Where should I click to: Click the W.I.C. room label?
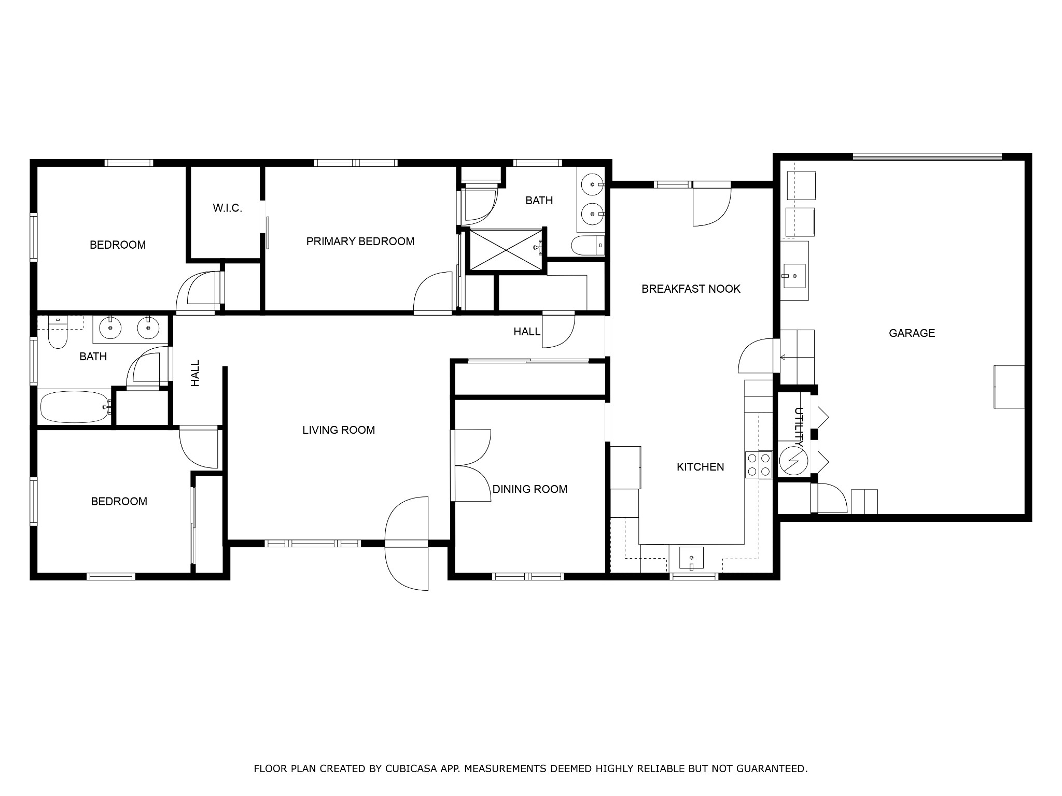227,208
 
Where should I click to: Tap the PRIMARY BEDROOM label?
360,241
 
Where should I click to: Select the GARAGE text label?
912,333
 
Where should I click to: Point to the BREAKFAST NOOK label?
691,289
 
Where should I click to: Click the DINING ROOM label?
530,489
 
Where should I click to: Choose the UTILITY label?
799,428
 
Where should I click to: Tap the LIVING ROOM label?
339,430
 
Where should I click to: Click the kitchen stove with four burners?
759,465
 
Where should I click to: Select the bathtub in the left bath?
76,407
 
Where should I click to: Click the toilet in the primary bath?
588,246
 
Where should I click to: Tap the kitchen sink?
691,558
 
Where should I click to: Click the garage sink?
794,275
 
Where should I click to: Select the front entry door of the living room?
407,543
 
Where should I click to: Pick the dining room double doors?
471,465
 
